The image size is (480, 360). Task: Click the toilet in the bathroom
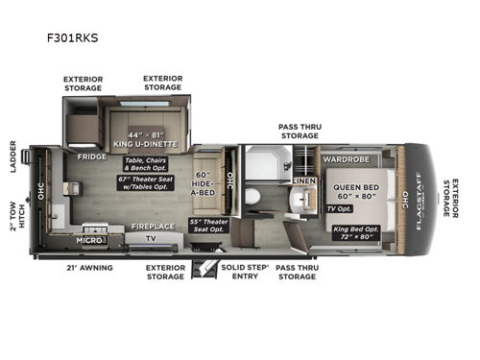pyautogui.click(x=251, y=197)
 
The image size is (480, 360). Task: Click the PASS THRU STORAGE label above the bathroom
pyautogui.click(x=299, y=132)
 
